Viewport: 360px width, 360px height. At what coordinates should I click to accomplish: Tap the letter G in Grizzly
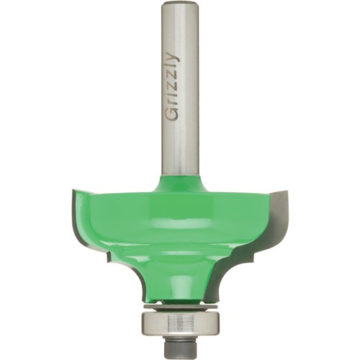click(172, 114)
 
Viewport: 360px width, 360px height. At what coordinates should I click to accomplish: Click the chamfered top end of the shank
click(179, 4)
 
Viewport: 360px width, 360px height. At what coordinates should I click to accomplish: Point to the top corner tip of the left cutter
click(73, 190)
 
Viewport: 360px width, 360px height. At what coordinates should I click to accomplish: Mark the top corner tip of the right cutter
click(287, 191)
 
